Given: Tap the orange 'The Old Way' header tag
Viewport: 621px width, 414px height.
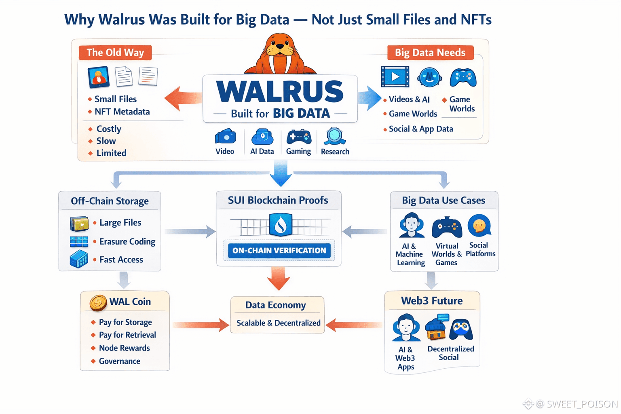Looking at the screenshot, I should coord(115,53).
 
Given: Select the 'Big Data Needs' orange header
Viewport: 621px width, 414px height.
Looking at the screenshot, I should coord(430,53).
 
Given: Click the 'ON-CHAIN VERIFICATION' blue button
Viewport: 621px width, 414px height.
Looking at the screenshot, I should coord(279,251).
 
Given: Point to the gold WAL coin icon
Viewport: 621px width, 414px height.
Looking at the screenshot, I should coord(98,302).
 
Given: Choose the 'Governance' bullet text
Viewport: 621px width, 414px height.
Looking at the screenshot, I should coord(120,361).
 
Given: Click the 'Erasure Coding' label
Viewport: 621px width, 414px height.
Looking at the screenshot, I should coord(127,241).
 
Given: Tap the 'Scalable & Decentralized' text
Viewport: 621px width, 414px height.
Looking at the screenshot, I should coord(278,323).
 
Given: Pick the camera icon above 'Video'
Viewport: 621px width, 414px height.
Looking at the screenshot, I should coord(225,137).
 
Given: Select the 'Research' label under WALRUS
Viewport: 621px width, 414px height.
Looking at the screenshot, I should coord(335,152).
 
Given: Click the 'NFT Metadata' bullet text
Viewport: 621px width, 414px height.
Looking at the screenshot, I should coord(122,112).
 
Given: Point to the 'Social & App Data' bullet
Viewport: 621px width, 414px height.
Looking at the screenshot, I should coord(421,129).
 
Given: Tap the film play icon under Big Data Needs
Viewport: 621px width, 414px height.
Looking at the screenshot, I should coord(395,76).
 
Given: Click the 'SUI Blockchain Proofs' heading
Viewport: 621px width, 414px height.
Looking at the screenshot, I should coord(278,200).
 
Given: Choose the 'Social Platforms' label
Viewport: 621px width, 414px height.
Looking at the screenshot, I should coord(480,249).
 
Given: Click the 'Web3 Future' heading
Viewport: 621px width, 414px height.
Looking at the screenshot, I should coord(432,301).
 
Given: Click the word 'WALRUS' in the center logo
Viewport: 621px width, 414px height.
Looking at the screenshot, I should coord(280,91).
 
